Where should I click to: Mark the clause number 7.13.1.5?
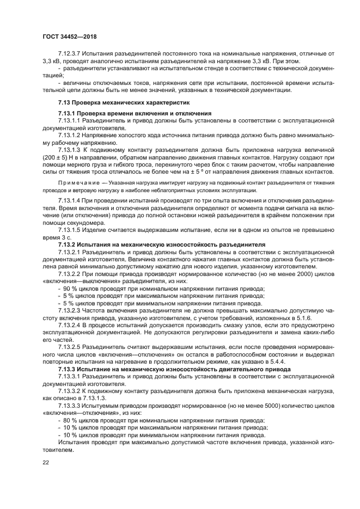point(70,230)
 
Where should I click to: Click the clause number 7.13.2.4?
point(70,324)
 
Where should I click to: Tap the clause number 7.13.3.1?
point(70,376)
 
